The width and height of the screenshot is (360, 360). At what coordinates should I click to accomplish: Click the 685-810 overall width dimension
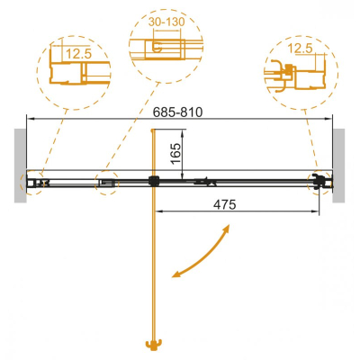pyautogui.click(x=177, y=112)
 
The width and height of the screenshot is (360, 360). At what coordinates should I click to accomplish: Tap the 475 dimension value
pyautogui.click(x=225, y=204)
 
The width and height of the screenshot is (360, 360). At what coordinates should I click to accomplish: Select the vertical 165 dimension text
pyautogui.click(x=175, y=154)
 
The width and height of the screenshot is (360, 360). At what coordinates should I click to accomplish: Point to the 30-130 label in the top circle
pyautogui.click(x=166, y=22)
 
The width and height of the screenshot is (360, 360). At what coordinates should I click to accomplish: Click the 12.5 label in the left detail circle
pyautogui.click(x=78, y=54)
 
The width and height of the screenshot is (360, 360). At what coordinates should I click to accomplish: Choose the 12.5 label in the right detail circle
pyautogui.click(x=300, y=49)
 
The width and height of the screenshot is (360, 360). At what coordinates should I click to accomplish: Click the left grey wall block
pyautogui.click(x=21, y=166)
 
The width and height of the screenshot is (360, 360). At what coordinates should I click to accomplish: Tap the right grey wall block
pyautogui.click(x=338, y=166)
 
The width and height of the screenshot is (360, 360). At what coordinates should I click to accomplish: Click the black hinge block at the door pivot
pyautogui.click(x=153, y=181)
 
